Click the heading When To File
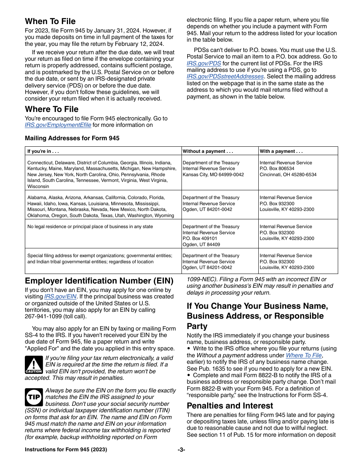50,21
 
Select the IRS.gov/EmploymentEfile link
58,125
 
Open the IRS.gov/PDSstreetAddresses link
225,76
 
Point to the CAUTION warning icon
34,365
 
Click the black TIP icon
34,397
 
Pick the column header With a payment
281,151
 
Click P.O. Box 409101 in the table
200,238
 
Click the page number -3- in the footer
181,450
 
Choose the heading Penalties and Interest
230,406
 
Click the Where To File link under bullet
304,355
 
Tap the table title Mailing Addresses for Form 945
72,138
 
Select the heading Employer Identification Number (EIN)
99,281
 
